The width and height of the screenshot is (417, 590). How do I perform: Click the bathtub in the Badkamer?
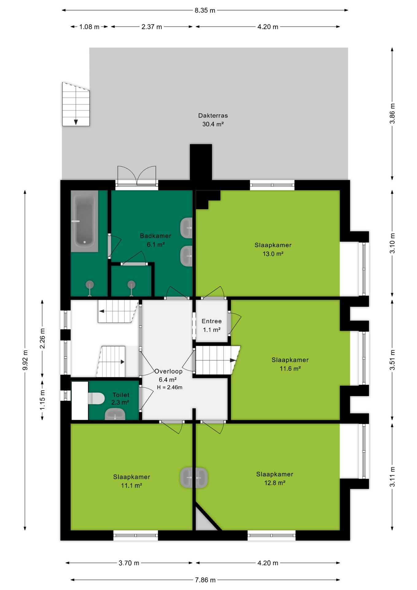coord(84,221)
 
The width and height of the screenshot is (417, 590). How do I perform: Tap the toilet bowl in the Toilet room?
coord(96,398)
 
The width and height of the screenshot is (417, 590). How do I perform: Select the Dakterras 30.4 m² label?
coord(213,120)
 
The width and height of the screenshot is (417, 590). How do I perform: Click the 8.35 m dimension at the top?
coord(205,10)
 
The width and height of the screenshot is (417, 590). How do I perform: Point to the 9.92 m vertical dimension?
coord(25,360)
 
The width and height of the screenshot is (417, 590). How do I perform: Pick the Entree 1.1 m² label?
coord(212,325)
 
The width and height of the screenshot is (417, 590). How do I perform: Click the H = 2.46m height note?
coord(170,387)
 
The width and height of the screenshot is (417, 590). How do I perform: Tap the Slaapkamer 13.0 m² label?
coord(273,249)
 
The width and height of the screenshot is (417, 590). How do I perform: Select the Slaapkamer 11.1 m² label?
coord(131,481)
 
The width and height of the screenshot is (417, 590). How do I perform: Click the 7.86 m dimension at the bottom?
coord(205,580)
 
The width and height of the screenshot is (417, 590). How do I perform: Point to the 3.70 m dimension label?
coord(129,563)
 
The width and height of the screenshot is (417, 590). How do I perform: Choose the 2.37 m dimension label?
coord(152,27)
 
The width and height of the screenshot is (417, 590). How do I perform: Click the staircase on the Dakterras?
coord(76,104)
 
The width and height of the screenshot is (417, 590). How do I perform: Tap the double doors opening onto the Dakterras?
coord(137,176)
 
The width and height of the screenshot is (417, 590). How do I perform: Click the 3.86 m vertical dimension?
coord(392,114)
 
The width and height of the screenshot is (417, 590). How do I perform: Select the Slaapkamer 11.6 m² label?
coord(290,364)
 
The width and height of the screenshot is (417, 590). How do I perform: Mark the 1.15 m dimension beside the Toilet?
coord(42,400)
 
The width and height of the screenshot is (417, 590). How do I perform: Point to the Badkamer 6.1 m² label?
coord(155,240)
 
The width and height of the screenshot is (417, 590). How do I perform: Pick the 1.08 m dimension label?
coord(89,27)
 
